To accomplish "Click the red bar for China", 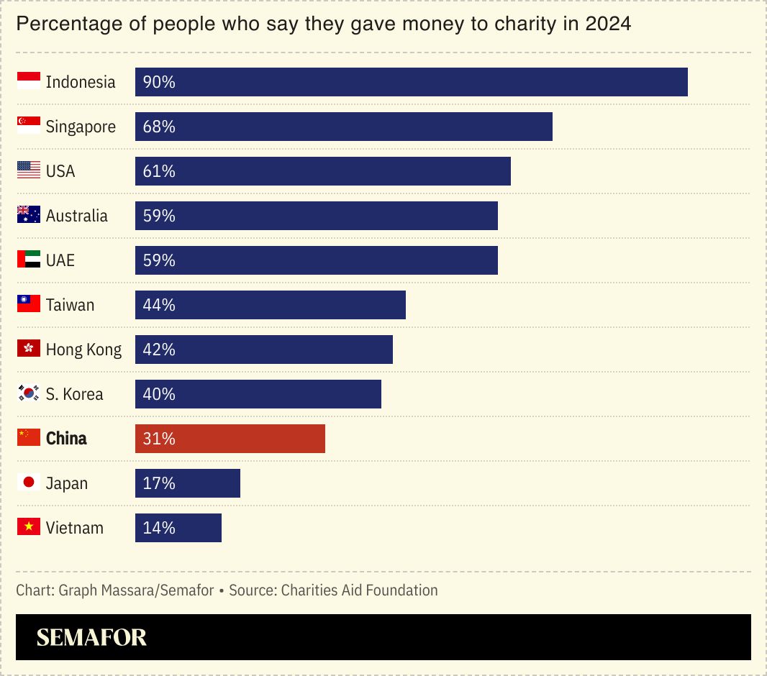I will coord(230,439).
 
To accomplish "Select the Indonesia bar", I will coord(412,82).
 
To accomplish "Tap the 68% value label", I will coord(159,127).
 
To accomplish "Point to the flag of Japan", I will coord(29,483).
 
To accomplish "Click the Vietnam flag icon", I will coord(29,527).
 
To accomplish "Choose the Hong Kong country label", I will coord(83,350).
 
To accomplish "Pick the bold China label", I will coord(66,439).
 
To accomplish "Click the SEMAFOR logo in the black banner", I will coord(91,637).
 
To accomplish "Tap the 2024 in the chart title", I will coord(608,24).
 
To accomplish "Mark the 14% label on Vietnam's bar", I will coord(159,528).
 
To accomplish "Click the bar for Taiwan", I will coord(271,305).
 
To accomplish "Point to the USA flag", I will coord(29,170).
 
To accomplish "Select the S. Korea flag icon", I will coord(29,393).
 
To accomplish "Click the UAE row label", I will coord(60,260).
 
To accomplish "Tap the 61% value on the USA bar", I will coord(159,171).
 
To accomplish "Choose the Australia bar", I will coord(317,216).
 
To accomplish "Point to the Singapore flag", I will coord(29,126).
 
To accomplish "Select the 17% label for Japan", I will coord(159,483).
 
